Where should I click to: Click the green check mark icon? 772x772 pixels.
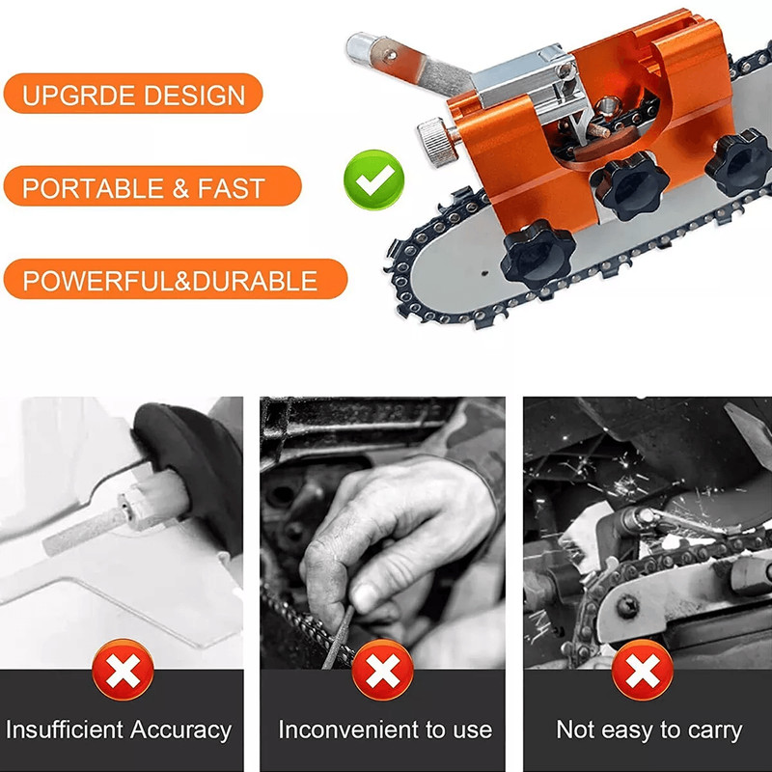pyautogui.click(x=373, y=178)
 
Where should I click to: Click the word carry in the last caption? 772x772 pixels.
pyautogui.click(x=709, y=730)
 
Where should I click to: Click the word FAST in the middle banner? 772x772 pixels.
pyautogui.click(x=232, y=187)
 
